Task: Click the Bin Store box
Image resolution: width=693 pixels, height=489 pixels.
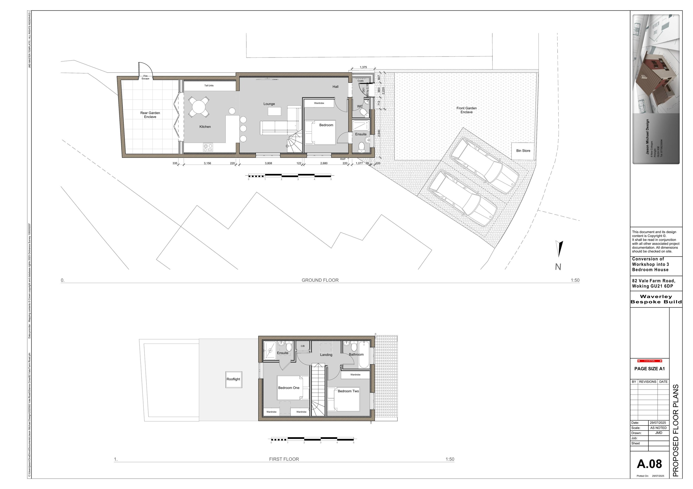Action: (x=523, y=151)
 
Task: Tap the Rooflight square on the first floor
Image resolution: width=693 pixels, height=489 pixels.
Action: (x=233, y=379)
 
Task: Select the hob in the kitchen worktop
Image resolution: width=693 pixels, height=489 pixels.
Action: (x=208, y=148)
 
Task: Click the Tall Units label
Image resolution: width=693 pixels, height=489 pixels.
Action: (x=209, y=86)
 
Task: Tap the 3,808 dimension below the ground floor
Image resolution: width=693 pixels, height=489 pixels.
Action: (x=268, y=163)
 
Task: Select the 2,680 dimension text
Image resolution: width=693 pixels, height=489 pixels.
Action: (x=324, y=163)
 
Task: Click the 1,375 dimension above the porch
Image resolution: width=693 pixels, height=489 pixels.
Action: (x=363, y=67)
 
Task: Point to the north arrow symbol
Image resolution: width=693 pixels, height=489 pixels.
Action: (x=559, y=249)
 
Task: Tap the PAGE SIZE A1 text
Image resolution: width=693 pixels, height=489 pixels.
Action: (x=650, y=369)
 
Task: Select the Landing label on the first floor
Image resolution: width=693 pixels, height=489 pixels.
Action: (x=326, y=355)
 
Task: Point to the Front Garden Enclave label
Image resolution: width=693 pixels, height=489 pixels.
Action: (x=466, y=110)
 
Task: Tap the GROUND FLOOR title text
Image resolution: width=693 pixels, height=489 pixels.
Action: (x=320, y=280)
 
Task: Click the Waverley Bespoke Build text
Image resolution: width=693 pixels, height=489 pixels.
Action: (x=656, y=299)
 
